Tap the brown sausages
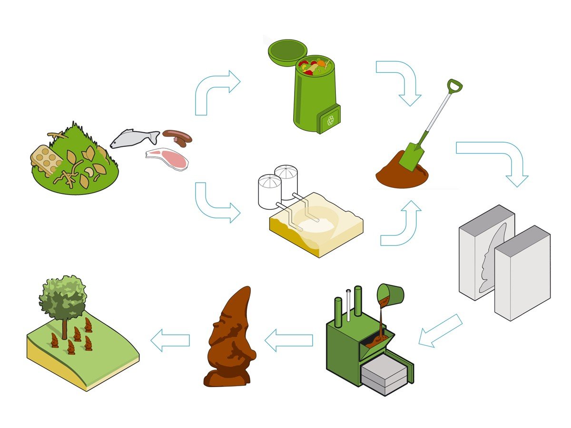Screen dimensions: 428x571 177,137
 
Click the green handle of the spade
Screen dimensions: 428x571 454,87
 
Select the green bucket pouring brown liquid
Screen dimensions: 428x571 391,294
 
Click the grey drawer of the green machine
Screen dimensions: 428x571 384,376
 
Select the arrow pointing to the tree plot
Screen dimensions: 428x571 170,340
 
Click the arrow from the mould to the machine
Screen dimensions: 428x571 440,331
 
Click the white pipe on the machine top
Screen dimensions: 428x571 349,304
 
